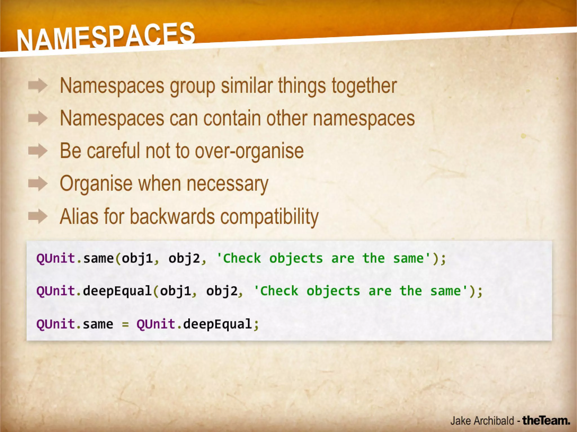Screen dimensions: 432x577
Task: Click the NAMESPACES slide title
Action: tap(106, 37)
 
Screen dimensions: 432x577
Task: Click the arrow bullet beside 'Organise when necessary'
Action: tap(38, 184)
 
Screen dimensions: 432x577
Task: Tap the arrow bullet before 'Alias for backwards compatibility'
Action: tap(38, 216)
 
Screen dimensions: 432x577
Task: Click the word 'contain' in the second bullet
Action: tap(232, 118)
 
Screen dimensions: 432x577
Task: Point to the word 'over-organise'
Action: tap(249, 151)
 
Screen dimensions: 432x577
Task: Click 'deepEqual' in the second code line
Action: tap(117, 291)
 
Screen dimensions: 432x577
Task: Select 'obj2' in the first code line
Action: tap(184, 258)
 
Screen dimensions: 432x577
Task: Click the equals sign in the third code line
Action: tap(125, 324)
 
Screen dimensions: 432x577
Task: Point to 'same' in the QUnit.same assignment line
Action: tap(98, 324)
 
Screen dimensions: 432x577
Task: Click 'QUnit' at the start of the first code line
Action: tap(56, 258)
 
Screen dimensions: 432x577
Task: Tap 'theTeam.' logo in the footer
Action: tap(546, 421)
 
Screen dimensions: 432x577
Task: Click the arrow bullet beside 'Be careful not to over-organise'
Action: tap(38, 151)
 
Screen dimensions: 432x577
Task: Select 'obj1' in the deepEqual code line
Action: tap(176, 291)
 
